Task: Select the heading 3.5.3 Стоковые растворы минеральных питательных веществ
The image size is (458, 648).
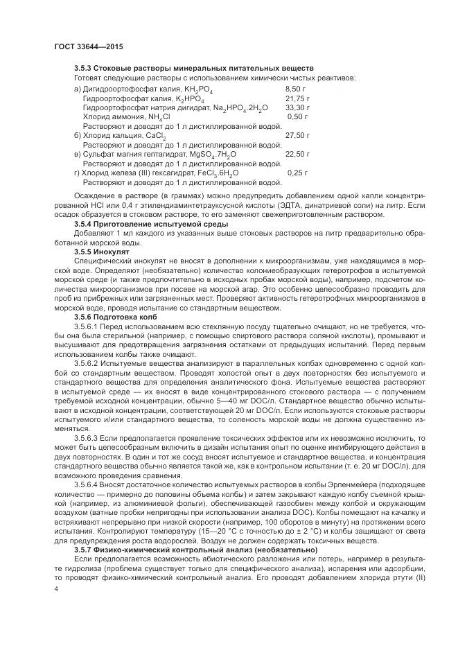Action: click(194, 69)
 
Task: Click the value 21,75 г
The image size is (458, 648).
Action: click(298, 99)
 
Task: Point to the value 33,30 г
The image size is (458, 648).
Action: click(298, 108)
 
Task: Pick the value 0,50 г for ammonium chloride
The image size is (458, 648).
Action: click(298, 117)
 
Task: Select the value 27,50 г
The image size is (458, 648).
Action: click(298, 137)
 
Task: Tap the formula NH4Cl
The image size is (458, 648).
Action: click(158, 118)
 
